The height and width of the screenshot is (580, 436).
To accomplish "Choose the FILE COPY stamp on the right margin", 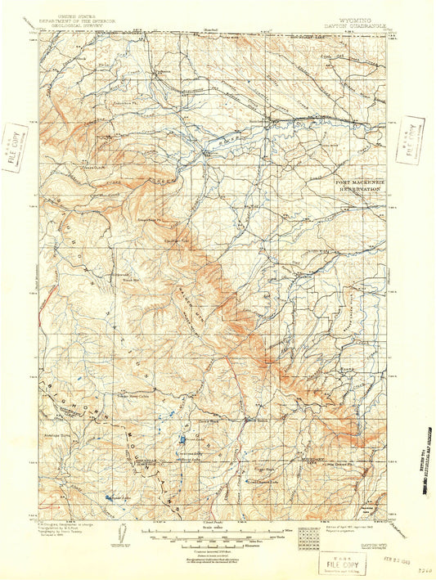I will click(x=411, y=141).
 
